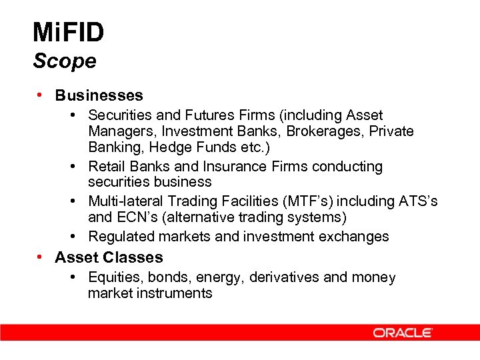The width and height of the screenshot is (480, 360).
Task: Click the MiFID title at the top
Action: tap(68, 31)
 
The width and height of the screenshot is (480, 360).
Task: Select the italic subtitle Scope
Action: tap(65, 61)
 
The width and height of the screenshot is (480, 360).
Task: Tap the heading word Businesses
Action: tap(99, 96)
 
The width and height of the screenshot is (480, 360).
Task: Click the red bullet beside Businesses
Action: tap(40, 95)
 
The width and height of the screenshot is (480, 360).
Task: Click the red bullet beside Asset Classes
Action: tap(40, 257)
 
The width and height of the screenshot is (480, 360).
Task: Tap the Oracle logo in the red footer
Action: tap(403, 333)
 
